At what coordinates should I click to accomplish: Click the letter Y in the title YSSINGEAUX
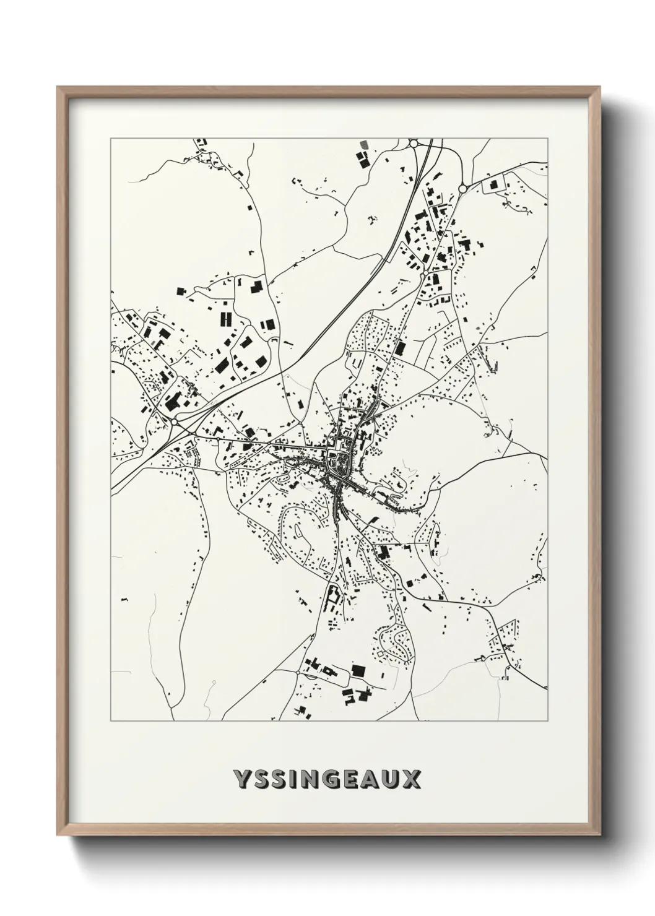coord(241,779)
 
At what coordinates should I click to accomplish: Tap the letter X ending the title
coord(411,779)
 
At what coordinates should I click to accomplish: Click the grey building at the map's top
coord(363,144)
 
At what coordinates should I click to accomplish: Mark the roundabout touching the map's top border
coord(414,144)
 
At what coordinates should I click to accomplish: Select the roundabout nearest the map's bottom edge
coord(298,672)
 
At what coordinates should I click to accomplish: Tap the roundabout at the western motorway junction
coord(175,421)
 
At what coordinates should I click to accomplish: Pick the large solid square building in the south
coord(357,670)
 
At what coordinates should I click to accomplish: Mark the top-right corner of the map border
coord(547,139)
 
